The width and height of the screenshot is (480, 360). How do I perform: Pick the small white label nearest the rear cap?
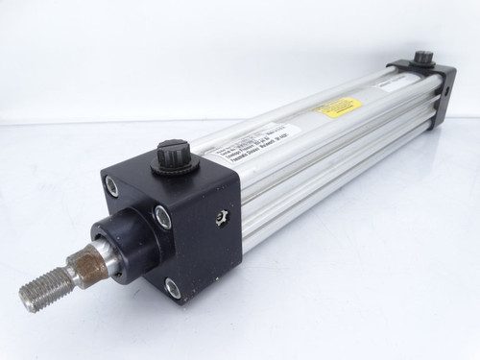point(388,85)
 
